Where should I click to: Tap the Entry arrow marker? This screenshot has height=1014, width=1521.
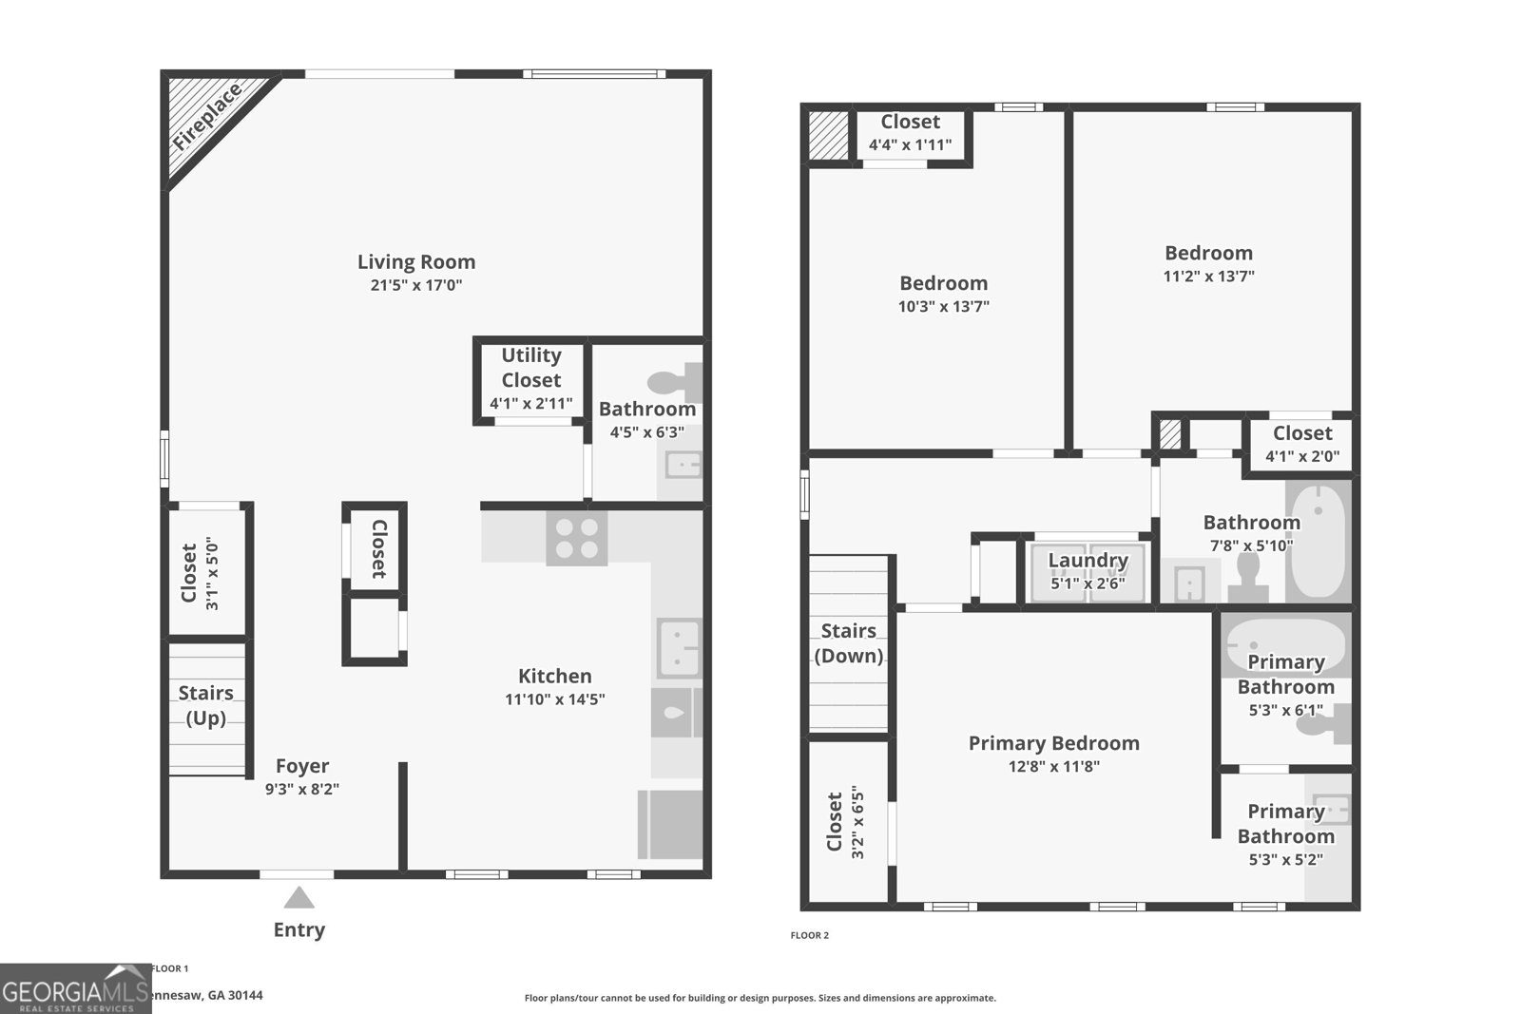pyautogui.click(x=298, y=898)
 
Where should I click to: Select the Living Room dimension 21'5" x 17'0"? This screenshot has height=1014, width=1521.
pyautogui.click(x=416, y=285)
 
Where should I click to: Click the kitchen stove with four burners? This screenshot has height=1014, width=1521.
pyautogui.click(x=576, y=538)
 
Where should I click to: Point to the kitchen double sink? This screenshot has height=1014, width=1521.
pyautogui.click(x=679, y=647)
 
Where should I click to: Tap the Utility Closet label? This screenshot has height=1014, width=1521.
pyautogui.click(x=531, y=368)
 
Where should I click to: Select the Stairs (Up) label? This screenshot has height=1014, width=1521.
pyautogui.click(x=206, y=705)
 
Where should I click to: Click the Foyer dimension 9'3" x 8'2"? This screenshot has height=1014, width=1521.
pyautogui.click(x=302, y=789)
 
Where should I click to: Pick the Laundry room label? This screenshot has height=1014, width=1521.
pyautogui.click(x=1088, y=561)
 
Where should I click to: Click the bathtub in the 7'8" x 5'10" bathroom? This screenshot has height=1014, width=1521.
pyautogui.click(x=1319, y=540)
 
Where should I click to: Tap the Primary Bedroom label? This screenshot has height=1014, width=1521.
pyautogui.click(x=1053, y=743)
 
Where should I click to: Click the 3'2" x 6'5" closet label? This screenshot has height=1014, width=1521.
pyautogui.click(x=844, y=821)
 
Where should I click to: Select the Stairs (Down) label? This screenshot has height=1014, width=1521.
pyautogui.click(x=848, y=643)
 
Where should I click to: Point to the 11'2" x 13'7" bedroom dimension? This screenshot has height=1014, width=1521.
pyautogui.click(x=1208, y=277)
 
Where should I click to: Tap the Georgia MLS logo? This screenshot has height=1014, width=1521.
pyautogui.click(x=76, y=988)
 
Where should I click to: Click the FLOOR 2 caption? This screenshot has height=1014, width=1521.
pyautogui.click(x=809, y=935)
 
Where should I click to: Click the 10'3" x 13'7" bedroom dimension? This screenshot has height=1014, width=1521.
pyautogui.click(x=943, y=307)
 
